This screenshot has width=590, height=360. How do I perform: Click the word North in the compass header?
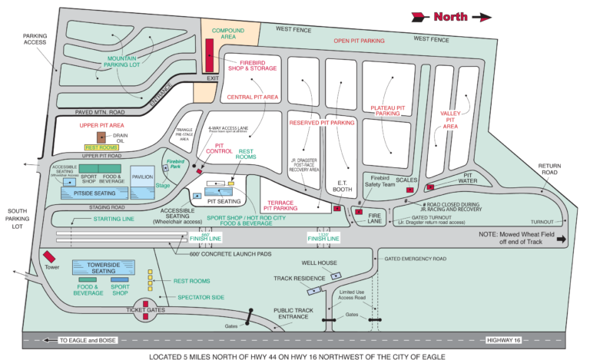(x=449, y=16)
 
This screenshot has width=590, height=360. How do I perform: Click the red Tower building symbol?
(x=50, y=257)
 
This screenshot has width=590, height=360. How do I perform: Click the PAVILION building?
(x=142, y=177)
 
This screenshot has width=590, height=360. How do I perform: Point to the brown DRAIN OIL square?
(x=101, y=137)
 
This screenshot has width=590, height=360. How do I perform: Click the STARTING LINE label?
(x=113, y=219)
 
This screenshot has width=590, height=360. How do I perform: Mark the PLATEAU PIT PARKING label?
(x=388, y=111)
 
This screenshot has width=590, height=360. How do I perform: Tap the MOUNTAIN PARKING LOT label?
(x=126, y=61)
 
